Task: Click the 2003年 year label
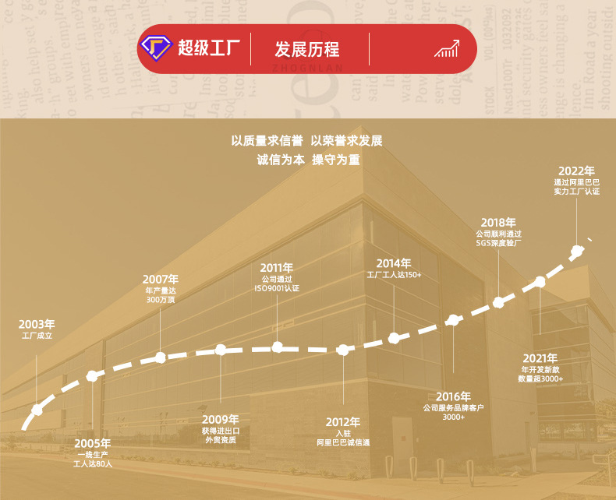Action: pos(37,324)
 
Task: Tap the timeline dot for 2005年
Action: pos(92,376)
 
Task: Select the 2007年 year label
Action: pos(161,279)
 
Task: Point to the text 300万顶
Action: pos(161,300)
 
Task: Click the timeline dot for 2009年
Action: pos(221,351)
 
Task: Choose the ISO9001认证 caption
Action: pos(277,288)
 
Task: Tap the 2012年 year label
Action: pos(343,422)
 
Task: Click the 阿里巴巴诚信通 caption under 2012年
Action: pos(343,442)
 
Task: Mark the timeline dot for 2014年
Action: pos(394,338)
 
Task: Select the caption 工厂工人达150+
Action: pos(394,275)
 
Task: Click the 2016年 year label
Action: pos(453,396)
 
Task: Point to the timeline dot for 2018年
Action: pos(499,304)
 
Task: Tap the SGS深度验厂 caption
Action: pos(498,243)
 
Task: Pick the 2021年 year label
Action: pos(540,357)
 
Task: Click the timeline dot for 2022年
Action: pos(577,251)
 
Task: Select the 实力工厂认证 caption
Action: pos(577,191)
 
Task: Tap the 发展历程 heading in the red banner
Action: pos(306,50)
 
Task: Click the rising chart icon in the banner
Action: pos(446,50)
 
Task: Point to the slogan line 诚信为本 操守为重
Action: pos(308,160)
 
